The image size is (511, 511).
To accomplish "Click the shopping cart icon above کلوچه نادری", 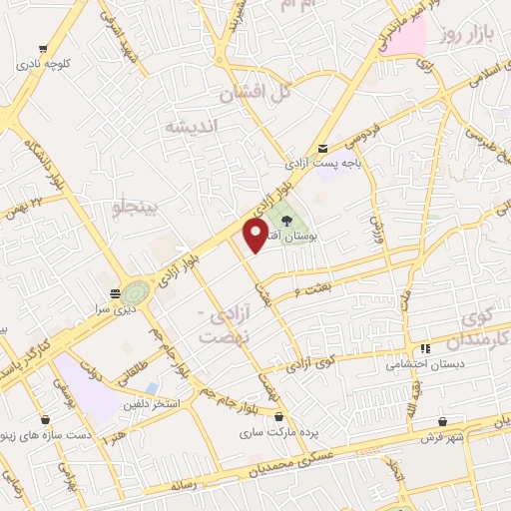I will coord(42,46).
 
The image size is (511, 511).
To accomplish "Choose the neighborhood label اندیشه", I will coord(191,126).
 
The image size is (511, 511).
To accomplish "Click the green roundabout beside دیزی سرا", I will coord(136,293).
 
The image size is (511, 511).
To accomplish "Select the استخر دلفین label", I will coord(151,404).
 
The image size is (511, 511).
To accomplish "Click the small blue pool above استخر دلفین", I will coord(151,387).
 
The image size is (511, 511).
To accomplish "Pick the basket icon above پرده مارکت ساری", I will coord(278,416).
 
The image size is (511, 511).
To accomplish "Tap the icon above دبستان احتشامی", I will coord(425,348).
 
